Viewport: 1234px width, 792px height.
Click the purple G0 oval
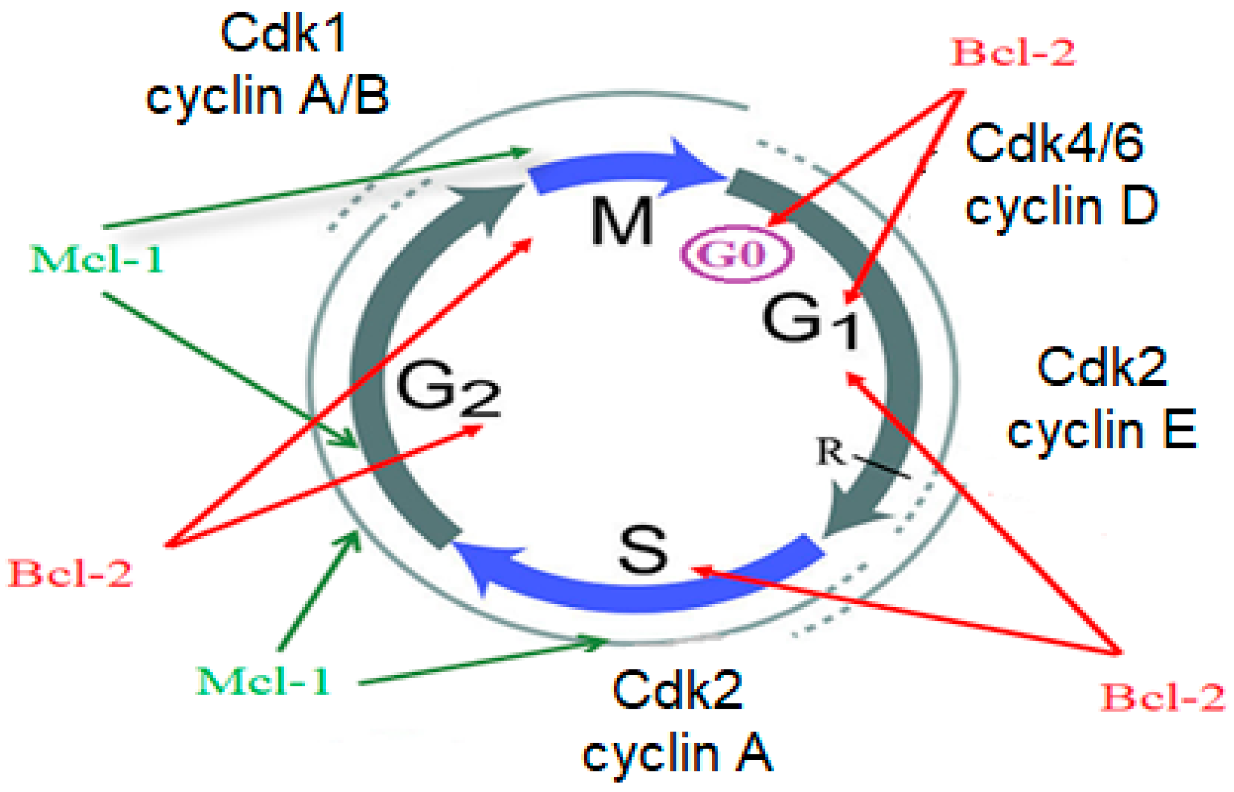pyautogui.click(x=737, y=254)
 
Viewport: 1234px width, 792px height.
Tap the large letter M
pyautogui.click(x=622, y=221)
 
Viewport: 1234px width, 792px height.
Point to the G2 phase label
pyautogui.click(x=448, y=388)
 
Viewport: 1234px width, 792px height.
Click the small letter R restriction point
pyautogui.click(x=831, y=452)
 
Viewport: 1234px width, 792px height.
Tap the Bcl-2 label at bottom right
pyautogui.click(x=1162, y=697)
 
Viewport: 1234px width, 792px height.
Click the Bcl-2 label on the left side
pyautogui.click(x=70, y=574)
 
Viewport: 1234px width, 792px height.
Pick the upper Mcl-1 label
pyautogui.click(x=97, y=260)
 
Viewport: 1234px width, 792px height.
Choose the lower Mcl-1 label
pyautogui.click(x=263, y=681)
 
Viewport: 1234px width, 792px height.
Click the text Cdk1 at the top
pyautogui.click(x=283, y=34)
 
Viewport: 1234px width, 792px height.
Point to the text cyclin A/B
pyautogui.click(x=268, y=96)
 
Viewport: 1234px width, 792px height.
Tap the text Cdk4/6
pyautogui.click(x=1054, y=143)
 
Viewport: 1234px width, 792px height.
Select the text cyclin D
pyautogui.click(x=1061, y=207)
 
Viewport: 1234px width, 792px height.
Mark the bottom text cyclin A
pyautogui.click(x=677, y=754)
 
